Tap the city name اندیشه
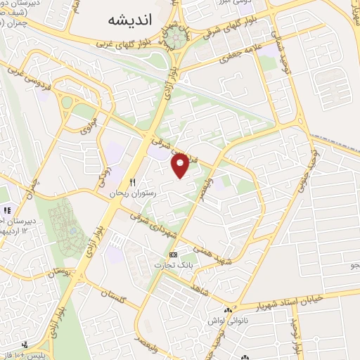pyautogui.click(x=131, y=20)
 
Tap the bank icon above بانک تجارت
pyautogui.click(x=172, y=254)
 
